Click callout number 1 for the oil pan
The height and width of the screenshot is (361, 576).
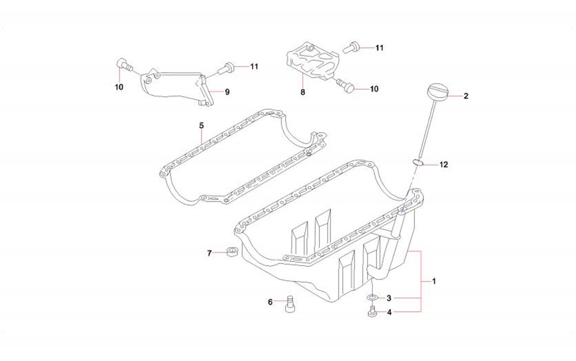coord(434,281)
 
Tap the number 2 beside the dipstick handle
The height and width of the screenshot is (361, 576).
coord(466,96)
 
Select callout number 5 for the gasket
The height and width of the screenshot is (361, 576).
coord(201,125)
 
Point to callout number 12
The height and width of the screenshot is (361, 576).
coord(444,164)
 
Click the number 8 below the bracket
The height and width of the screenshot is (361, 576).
coord(302,93)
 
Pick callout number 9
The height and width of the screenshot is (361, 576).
coord(227,92)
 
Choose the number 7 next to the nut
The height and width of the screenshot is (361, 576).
coord(209,253)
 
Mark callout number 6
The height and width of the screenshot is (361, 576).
coord(270,301)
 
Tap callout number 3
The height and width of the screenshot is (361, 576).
coord(388,298)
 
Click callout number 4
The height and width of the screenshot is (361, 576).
coord(388,312)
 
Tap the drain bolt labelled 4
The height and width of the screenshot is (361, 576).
coord(372,312)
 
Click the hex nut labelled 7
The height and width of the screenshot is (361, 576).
coord(232,252)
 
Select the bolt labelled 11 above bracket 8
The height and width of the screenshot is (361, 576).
coord(351,48)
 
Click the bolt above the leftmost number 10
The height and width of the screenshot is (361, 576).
coord(124,65)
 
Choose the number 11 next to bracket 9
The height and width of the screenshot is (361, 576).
coord(254,67)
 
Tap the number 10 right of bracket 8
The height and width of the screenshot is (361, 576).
coord(375,88)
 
